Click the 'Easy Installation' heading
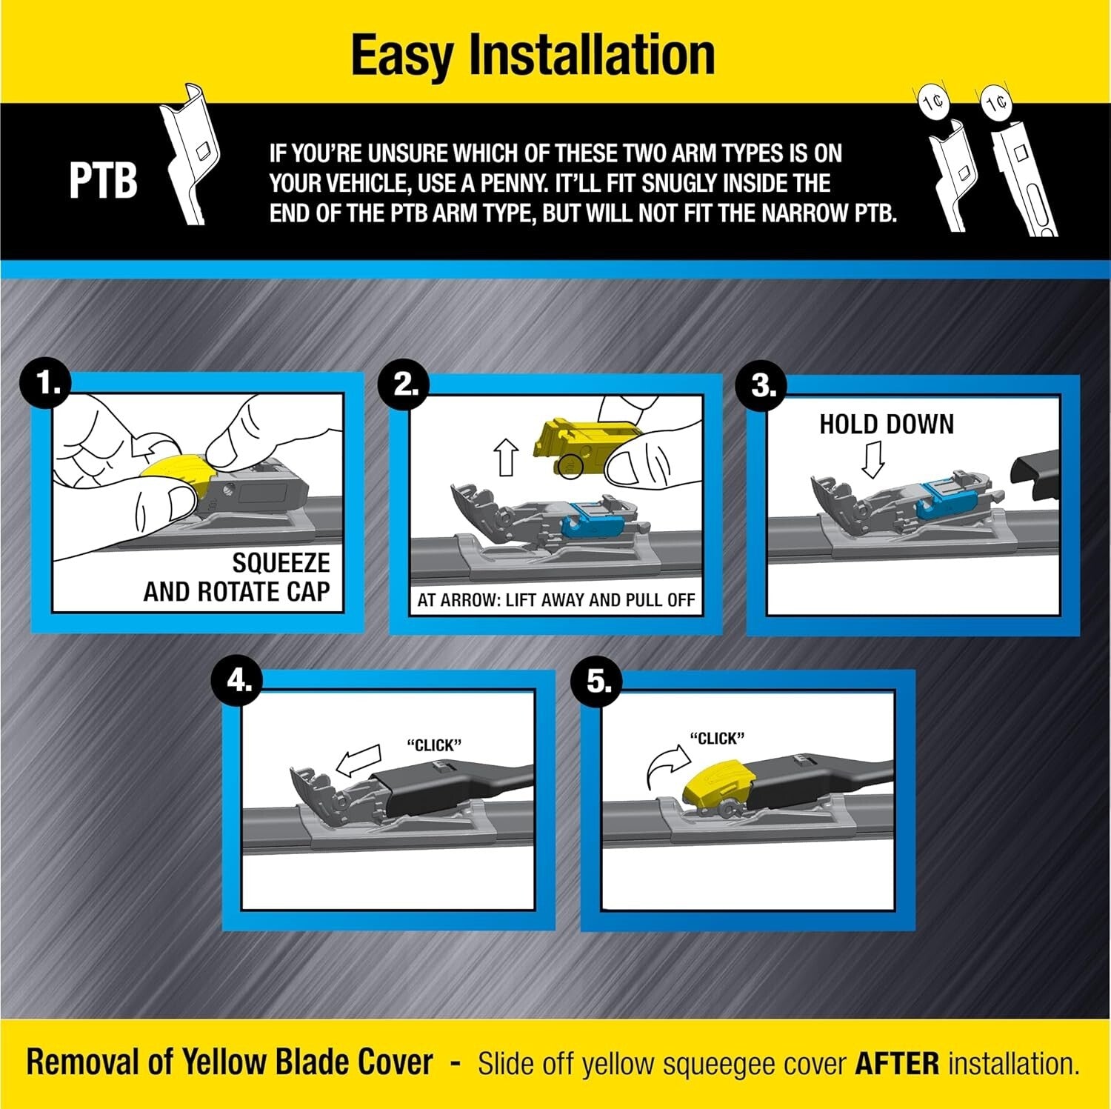[x=533, y=55]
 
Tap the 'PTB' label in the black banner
[x=103, y=181]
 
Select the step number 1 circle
[x=47, y=384]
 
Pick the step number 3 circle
[x=762, y=386]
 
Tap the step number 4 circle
[x=238, y=679]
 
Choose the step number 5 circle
[x=598, y=681]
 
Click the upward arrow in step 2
[x=507, y=456]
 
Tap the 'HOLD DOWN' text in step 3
[x=886, y=424]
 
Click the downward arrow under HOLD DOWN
[x=873, y=459]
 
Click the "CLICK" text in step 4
[x=434, y=745]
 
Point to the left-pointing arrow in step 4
[x=358, y=761]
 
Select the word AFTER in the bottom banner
[x=896, y=1064]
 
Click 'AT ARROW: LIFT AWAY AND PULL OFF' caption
[x=555, y=600]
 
